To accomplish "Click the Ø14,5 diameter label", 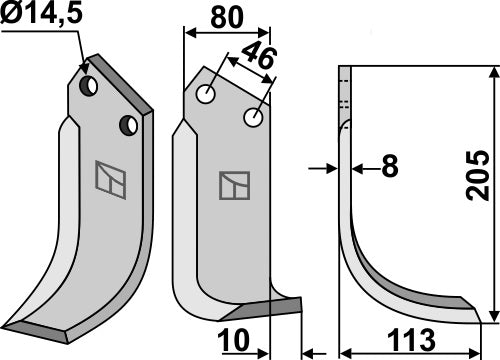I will (x=39, y=15).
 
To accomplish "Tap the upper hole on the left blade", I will (x=89, y=86).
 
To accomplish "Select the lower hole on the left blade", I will (x=128, y=125).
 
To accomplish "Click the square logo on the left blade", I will (x=106, y=175).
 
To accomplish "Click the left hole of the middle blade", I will (x=207, y=96).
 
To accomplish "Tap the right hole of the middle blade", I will (x=254, y=119).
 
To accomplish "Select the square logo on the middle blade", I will (x=232, y=184).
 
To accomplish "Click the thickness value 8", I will (x=388, y=167).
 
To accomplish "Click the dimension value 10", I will (x=236, y=342).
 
